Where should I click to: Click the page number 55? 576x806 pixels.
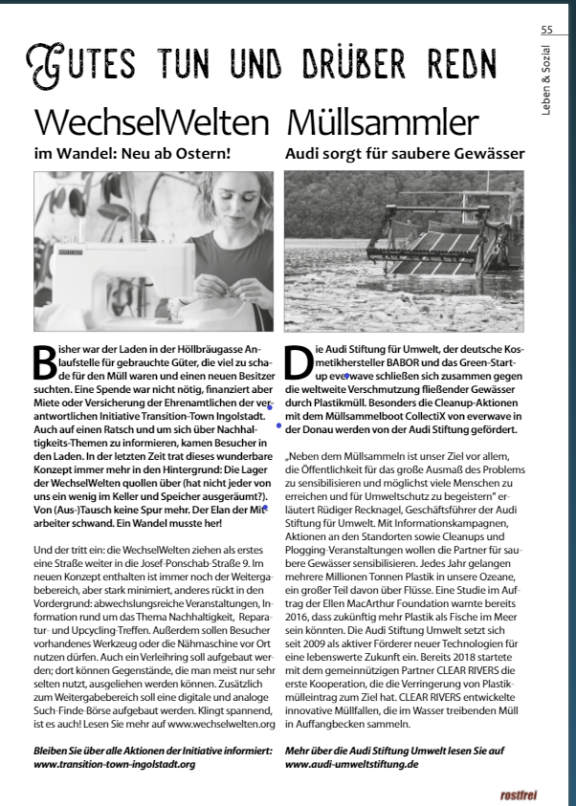(546, 30)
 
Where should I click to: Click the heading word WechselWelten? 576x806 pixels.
(151, 123)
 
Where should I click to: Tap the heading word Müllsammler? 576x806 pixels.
(382, 123)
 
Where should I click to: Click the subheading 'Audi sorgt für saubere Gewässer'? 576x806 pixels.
(405, 153)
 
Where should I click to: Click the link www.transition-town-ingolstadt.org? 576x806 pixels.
(115, 765)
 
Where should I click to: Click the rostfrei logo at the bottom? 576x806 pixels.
(519, 795)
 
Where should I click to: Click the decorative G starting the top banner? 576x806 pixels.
(44, 65)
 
